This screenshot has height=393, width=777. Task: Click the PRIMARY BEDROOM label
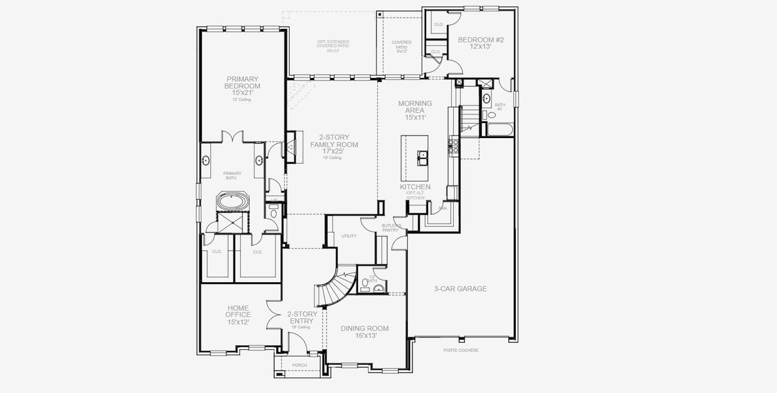pos(243,86)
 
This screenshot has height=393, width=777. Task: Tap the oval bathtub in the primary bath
pos(231,201)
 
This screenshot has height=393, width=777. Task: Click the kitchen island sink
pos(424,157)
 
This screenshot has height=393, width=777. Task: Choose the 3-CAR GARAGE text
pos(460,288)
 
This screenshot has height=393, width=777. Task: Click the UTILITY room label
pos(349,235)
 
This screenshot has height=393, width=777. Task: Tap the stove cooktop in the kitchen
pos(452,145)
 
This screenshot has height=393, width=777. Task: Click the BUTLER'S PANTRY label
pos(391,228)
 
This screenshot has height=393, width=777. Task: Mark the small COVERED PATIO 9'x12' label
pos(402,47)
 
